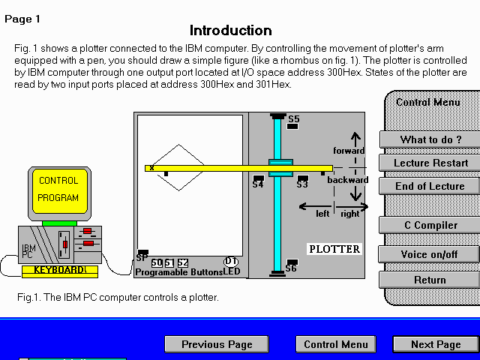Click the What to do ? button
coord(430,139)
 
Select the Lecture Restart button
coord(430,163)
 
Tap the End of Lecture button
coord(430,186)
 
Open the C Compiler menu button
coord(430,225)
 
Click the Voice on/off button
coord(430,254)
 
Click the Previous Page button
coord(217,344)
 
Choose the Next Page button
coord(436,344)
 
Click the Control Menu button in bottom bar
coord(335,344)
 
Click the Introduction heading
coord(230,31)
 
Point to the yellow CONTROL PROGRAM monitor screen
coord(58,190)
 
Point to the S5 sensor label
coord(294,119)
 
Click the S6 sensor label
coord(291,268)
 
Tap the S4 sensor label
coord(258,184)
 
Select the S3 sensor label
coord(302,184)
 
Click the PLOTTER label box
coord(334,249)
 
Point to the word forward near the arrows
coord(349,151)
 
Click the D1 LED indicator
coord(231,261)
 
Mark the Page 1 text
coord(23,19)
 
